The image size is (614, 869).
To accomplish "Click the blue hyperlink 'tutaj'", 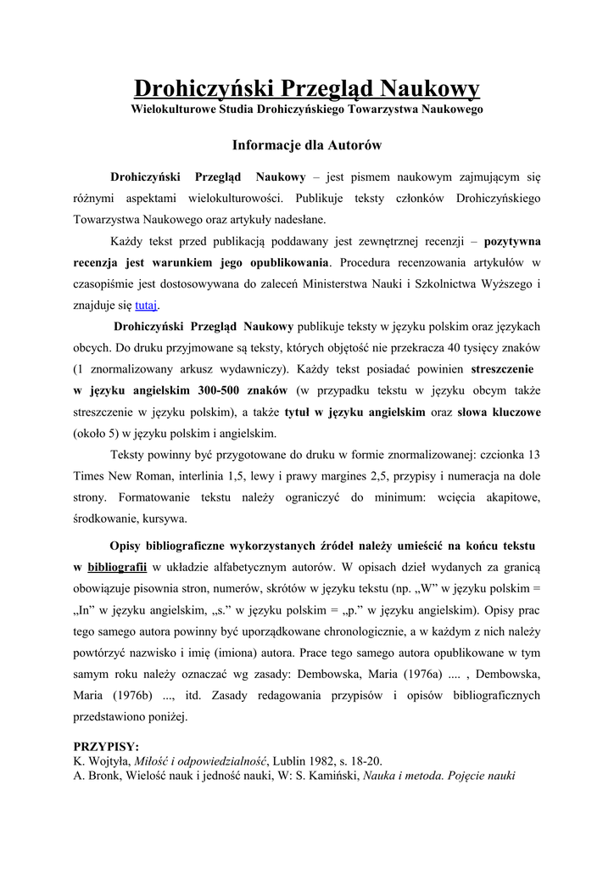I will (147, 306).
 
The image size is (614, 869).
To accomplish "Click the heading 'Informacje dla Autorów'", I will (307, 145).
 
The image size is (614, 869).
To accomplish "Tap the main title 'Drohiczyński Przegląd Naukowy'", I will (307, 88).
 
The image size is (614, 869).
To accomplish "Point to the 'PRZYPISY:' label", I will (107, 747).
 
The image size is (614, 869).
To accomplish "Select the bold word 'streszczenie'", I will (504, 369).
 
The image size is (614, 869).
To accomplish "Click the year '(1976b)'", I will (126, 695).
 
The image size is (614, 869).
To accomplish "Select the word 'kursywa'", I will (163, 519).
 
